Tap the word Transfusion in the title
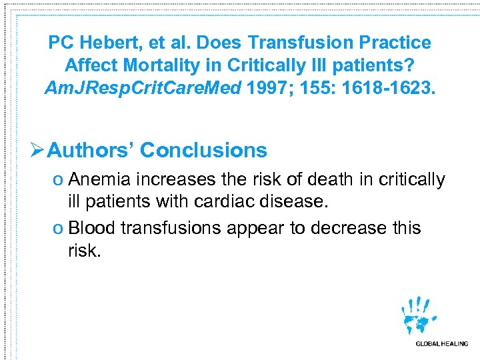click(309, 43)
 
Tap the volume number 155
click(312, 88)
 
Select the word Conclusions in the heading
click(203, 150)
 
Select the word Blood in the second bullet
click(92, 228)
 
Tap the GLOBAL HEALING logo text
click(441, 344)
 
